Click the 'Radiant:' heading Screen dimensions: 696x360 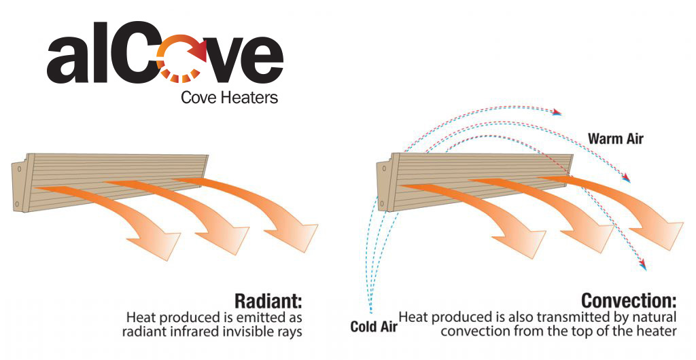(268, 301)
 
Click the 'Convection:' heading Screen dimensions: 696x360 (629, 301)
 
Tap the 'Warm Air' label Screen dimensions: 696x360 (616, 139)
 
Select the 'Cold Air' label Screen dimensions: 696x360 (374, 327)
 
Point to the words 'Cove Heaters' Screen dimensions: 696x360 (230, 98)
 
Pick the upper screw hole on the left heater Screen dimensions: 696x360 (20, 170)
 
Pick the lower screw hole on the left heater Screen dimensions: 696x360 (17, 205)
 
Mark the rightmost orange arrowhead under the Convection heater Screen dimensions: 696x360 (658, 236)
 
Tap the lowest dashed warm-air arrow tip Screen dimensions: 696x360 (643, 266)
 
